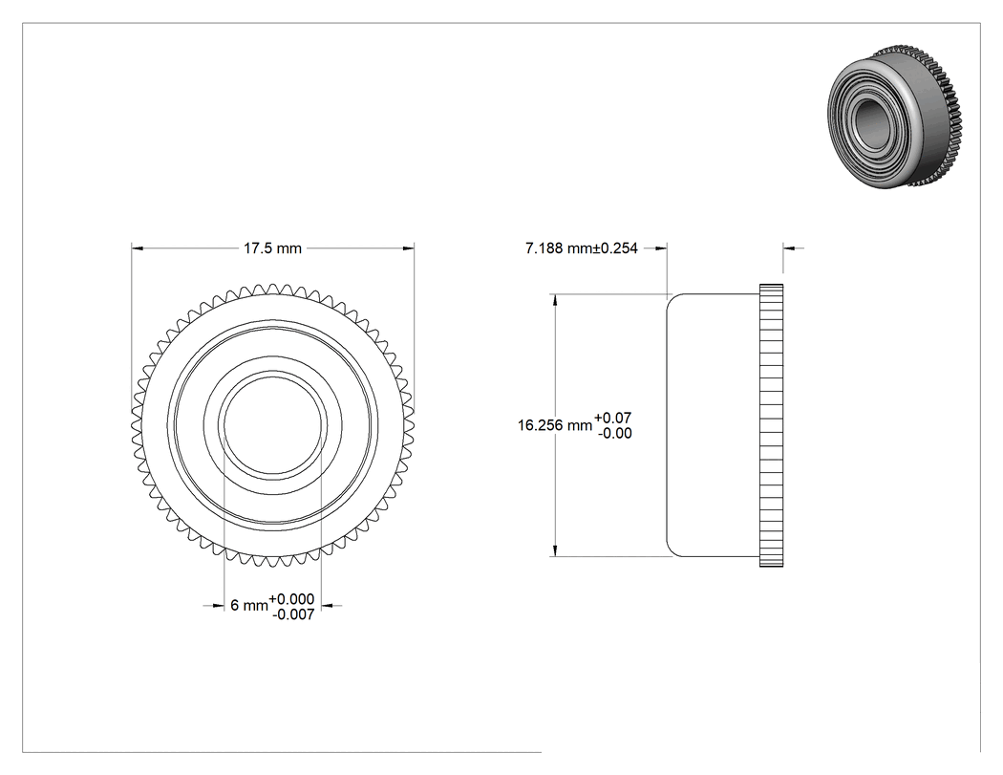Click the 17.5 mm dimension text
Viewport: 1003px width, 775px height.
[x=272, y=248]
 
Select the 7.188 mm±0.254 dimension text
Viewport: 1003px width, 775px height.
[x=582, y=248]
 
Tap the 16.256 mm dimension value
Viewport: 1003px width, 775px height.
[x=555, y=425]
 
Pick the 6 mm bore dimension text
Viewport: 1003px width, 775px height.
[x=248, y=606]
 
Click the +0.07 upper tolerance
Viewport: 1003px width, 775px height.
[x=613, y=418]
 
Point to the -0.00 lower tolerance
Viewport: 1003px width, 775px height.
[x=615, y=433]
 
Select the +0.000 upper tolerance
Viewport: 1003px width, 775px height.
[x=291, y=599]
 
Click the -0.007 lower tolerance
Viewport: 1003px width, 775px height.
[x=293, y=614]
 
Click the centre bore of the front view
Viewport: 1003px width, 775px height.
[x=272, y=425]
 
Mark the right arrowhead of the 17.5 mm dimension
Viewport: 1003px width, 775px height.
[x=408, y=248]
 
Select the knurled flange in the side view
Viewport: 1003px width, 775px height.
[x=772, y=425]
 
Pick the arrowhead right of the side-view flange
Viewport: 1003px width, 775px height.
[x=789, y=248]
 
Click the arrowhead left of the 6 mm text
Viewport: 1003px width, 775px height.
[x=218, y=606]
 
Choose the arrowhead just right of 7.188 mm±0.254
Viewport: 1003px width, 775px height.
[x=661, y=248]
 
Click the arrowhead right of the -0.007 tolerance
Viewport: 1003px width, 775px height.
[x=327, y=606]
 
